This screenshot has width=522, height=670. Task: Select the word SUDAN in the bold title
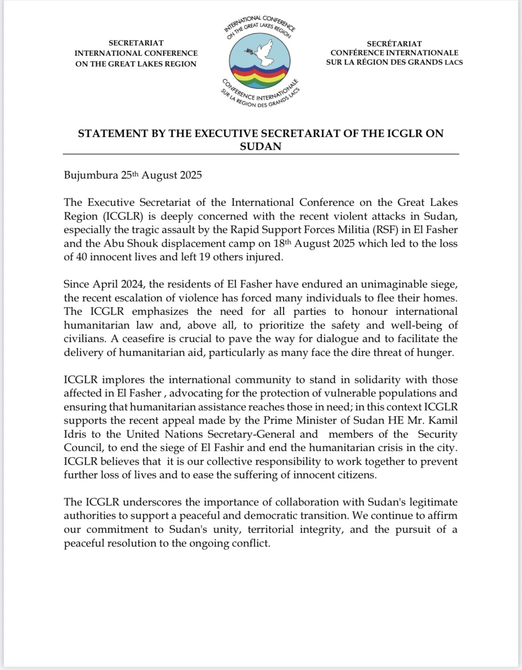pyautogui.click(x=261, y=147)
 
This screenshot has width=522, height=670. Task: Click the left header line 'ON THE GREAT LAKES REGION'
pyautogui.click(x=136, y=63)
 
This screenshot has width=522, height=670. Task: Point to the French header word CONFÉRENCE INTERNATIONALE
pyautogui.click(x=394, y=53)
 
